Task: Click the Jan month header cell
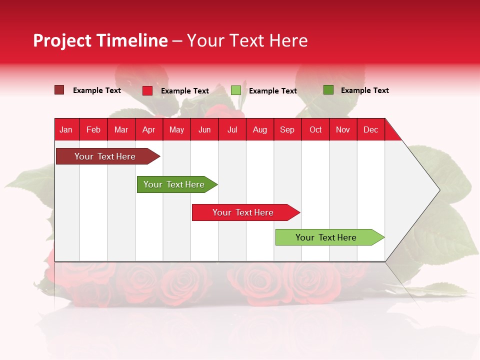click(x=66, y=129)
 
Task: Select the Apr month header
click(x=149, y=129)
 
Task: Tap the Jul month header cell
click(x=232, y=129)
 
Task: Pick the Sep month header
click(x=287, y=129)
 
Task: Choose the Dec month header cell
click(x=370, y=129)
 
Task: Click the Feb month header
click(x=93, y=129)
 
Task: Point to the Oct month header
click(x=315, y=129)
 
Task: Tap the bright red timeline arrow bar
click(x=243, y=212)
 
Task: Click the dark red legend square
click(x=59, y=90)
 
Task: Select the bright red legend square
click(x=147, y=90)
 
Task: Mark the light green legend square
click(x=236, y=90)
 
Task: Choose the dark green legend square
click(x=328, y=90)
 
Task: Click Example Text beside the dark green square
click(x=364, y=90)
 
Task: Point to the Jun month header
click(x=204, y=129)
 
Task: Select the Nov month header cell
click(x=343, y=129)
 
